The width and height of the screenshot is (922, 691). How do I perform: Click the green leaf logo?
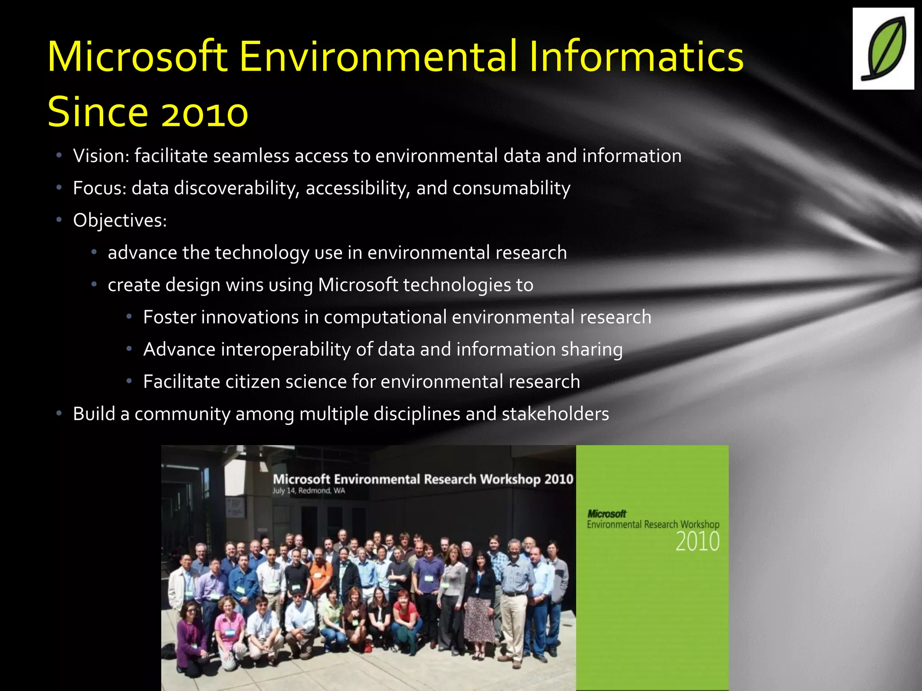883,49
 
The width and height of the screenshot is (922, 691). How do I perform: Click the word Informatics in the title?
636,57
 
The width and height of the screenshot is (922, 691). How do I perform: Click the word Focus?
99,188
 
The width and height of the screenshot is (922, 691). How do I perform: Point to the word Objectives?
120,220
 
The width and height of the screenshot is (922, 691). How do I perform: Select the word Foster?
169,317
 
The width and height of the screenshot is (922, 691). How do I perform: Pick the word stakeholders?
555,414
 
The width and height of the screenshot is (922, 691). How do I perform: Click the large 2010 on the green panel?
697,542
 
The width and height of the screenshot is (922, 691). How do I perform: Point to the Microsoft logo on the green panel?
607,514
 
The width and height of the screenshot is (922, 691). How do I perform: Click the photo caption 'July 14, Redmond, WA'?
308,490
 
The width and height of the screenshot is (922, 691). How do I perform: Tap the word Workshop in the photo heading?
510,479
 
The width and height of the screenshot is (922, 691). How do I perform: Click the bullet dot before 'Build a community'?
59,413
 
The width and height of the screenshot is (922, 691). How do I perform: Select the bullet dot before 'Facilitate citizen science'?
129,381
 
